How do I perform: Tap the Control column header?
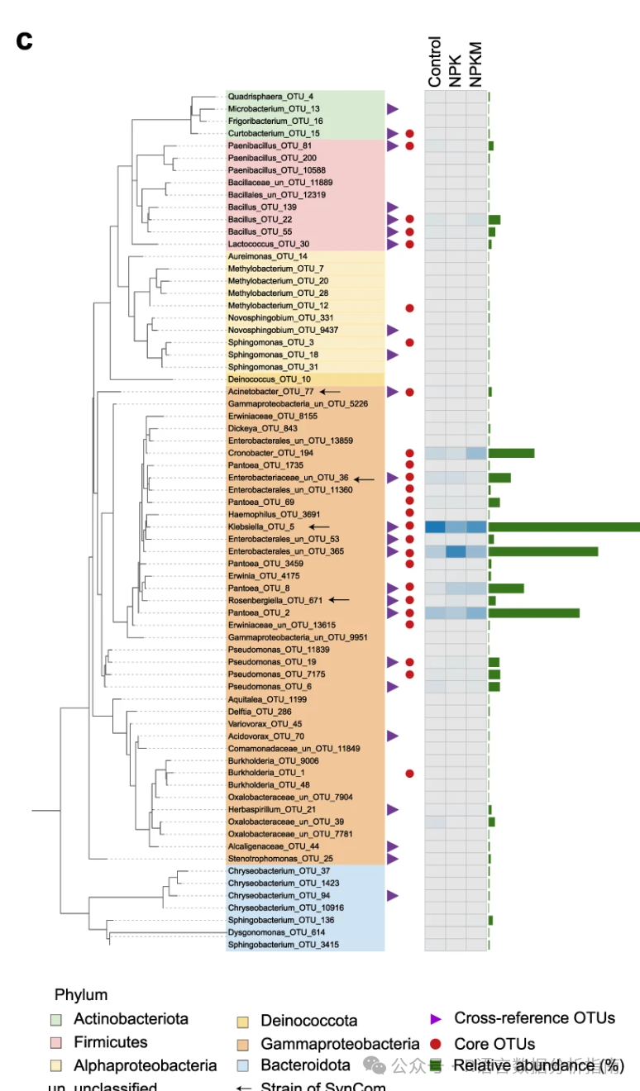point(435,62)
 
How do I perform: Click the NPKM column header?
point(475,64)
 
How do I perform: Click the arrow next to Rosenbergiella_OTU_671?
point(339,600)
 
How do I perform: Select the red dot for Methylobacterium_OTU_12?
point(409,308)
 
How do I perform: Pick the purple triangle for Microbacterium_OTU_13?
point(393,109)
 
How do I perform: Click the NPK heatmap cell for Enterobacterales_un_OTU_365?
point(456,551)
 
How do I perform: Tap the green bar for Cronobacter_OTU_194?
point(511,453)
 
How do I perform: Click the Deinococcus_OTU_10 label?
point(258,379)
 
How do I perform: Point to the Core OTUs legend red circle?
point(436,1044)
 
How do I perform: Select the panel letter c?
point(25,41)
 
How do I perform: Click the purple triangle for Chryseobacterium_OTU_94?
point(393,895)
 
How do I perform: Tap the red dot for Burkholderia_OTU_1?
point(409,773)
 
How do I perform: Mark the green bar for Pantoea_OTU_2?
point(533,613)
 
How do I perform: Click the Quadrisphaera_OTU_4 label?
point(259,97)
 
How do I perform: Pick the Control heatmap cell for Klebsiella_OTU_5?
point(435,526)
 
